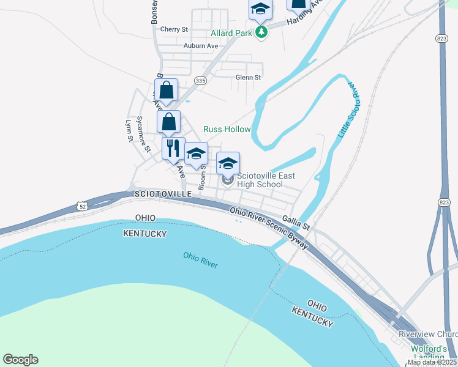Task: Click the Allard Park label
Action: [x=231, y=33]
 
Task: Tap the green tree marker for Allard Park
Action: [x=261, y=32]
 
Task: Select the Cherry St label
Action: [x=174, y=29]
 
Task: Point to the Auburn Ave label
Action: [x=201, y=46]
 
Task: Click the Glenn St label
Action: [x=248, y=78]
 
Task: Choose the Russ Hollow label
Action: [x=227, y=130]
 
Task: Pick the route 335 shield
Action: [x=200, y=80]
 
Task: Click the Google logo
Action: [x=20, y=360]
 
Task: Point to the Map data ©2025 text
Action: [x=432, y=362]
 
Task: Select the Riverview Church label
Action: [x=429, y=334]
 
